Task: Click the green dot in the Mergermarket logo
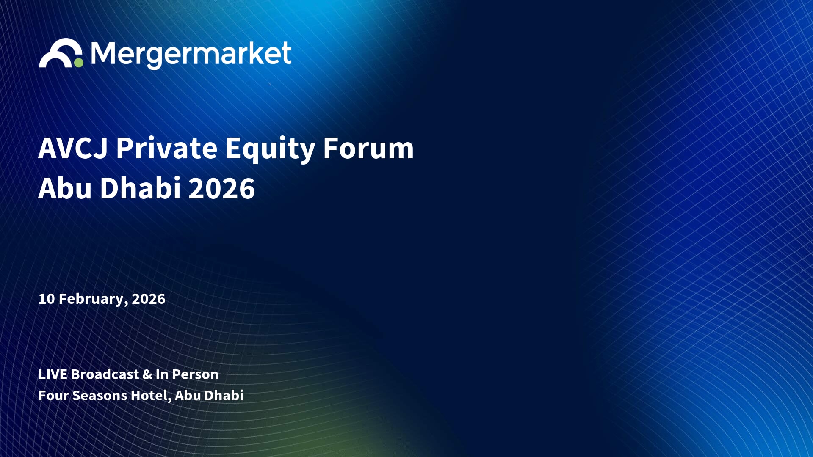pos(79,63)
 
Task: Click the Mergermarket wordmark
pos(191,55)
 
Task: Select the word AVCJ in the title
pos(73,148)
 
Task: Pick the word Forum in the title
pos(368,148)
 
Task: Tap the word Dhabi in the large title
pos(141,187)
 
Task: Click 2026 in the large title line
pos(221,188)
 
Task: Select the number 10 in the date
pos(47,299)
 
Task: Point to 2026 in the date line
pos(148,299)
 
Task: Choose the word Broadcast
pos(105,374)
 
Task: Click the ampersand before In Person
pos(147,374)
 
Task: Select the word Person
pos(195,374)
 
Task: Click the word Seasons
pos(100,396)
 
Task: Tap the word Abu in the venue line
pos(188,395)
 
